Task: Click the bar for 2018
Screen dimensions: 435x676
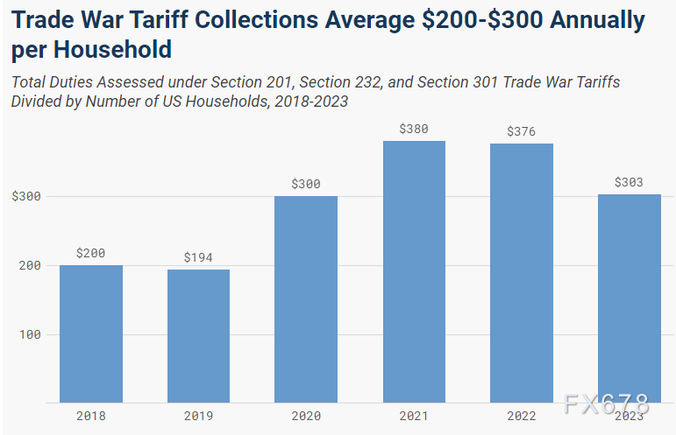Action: [x=91, y=333]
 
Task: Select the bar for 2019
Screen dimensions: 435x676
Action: [x=199, y=336]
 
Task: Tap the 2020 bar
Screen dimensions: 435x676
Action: [x=306, y=299]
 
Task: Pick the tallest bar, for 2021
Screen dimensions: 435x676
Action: [x=414, y=271]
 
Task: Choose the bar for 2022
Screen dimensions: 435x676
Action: [x=522, y=273]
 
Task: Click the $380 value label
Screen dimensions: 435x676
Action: [x=414, y=129]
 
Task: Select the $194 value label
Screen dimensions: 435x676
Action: [x=199, y=257]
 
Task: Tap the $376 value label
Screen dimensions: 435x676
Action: [x=522, y=131]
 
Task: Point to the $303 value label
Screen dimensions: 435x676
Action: [x=630, y=182]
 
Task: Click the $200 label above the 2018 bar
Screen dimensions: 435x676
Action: [x=91, y=253]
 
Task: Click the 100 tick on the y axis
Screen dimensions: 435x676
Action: [x=30, y=334]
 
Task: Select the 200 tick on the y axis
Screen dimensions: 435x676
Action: [x=30, y=265]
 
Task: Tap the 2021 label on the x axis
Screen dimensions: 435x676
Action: [x=414, y=416]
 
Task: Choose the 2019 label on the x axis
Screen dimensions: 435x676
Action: [x=199, y=416]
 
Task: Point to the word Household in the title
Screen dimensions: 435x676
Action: [x=109, y=49]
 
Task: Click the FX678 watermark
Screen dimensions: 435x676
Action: [x=607, y=404]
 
